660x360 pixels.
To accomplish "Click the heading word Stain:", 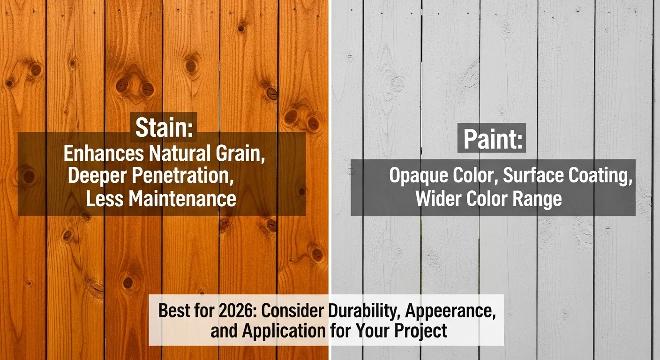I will tap(164, 127).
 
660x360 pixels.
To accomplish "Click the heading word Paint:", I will tap(492, 139).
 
